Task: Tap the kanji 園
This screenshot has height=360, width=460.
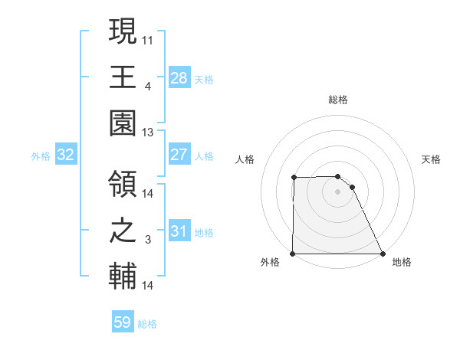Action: coord(123,123)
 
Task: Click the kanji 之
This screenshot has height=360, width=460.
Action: coord(123,231)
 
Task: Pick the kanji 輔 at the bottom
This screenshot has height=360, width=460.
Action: coord(123,277)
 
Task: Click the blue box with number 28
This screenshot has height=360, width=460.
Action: coord(179,77)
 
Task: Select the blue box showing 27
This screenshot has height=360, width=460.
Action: coord(179,155)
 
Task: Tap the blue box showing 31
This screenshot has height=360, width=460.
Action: coord(179,231)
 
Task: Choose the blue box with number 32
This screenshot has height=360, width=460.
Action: coord(66,155)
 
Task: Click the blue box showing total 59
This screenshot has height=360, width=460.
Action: coord(123,322)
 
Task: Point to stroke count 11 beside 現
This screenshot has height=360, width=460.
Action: coord(148,38)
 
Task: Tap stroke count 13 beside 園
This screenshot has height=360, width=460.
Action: coord(148,133)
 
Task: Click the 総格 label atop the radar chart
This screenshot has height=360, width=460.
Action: coord(338,100)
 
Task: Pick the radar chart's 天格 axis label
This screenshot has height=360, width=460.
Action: coord(432,159)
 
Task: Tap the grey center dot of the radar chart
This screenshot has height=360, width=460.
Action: coord(338,191)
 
